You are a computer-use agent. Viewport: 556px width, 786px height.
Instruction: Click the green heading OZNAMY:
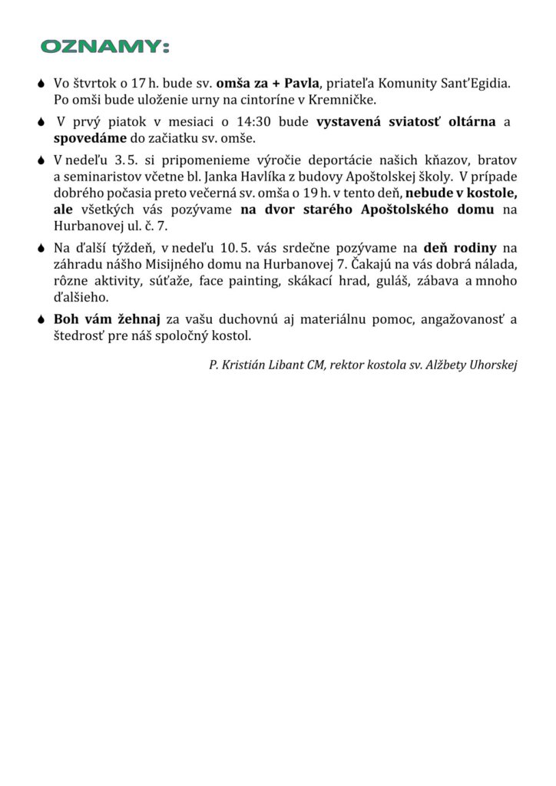pyautogui.click(x=104, y=48)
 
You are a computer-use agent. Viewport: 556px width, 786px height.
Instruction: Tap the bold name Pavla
pyautogui.click(x=301, y=83)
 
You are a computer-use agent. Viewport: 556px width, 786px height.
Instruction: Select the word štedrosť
pyautogui.click(x=81, y=336)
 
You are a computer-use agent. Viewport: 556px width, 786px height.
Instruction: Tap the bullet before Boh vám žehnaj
pyautogui.click(x=41, y=320)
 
